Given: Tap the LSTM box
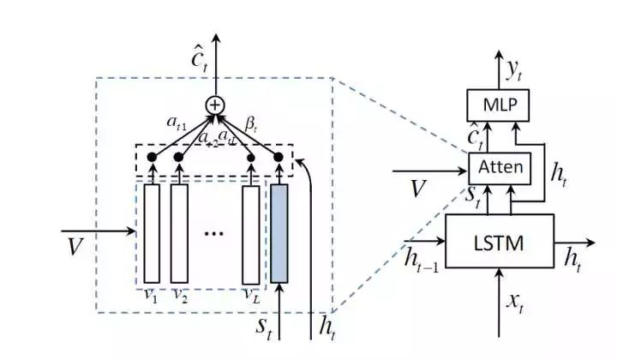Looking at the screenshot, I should (x=500, y=243).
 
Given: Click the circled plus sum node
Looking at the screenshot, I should (x=215, y=105).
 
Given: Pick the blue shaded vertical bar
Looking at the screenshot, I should (x=279, y=233).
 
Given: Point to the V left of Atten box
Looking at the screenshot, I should (x=416, y=187).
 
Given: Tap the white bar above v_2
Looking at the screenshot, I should (x=179, y=233).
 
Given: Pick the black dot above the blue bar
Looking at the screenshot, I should (x=279, y=157).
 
